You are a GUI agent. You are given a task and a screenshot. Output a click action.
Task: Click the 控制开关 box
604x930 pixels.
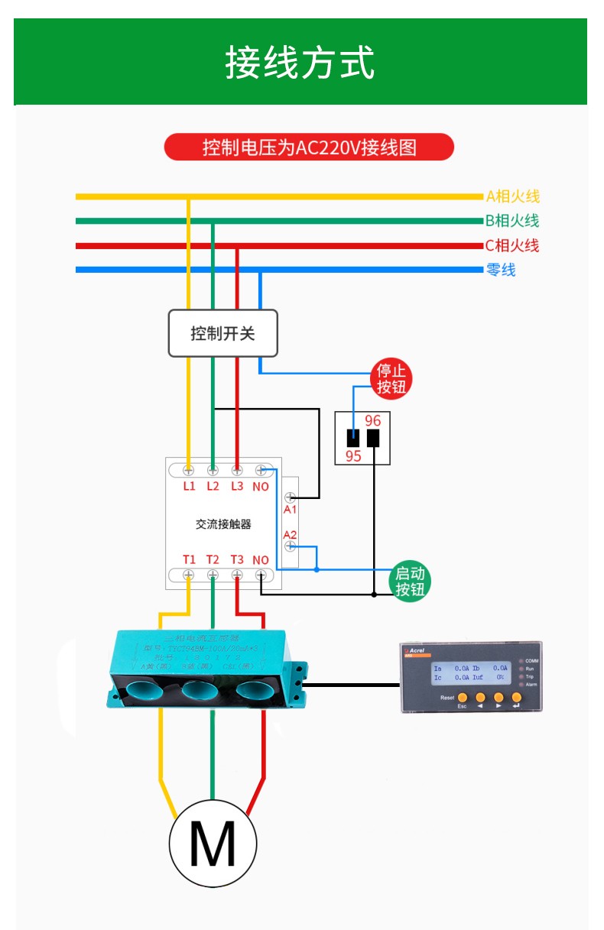pyautogui.click(x=222, y=333)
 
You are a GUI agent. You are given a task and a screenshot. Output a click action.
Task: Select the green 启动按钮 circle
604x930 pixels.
pyautogui.click(x=409, y=582)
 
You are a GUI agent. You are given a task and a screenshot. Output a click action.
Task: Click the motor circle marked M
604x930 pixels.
pyautogui.click(x=213, y=844)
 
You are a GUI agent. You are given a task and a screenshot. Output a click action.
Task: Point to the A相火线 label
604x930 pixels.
pyautogui.click(x=512, y=196)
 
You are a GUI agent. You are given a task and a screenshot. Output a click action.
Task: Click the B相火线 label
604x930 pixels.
pyautogui.click(x=511, y=221)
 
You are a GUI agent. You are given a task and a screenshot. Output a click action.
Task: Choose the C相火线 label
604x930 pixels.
pyautogui.click(x=511, y=245)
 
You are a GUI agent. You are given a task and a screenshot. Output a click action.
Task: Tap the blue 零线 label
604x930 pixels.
pyautogui.click(x=501, y=270)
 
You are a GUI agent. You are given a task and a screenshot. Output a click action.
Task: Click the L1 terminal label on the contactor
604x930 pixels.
pyautogui.click(x=190, y=486)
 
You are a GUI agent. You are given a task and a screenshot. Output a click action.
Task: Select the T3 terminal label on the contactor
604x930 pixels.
pyautogui.click(x=237, y=559)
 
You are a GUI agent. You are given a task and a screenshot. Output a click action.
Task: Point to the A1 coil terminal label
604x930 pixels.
pyautogui.click(x=290, y=509)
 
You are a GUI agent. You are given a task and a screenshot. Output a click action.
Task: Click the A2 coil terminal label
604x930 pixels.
pyautogui.click(x=290, y=534)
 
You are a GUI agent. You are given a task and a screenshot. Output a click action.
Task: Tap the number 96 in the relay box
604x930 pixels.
pyautogui.click(x=372, y=421)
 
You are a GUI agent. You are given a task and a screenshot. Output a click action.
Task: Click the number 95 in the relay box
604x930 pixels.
pyautogui.click(x=353, y=456)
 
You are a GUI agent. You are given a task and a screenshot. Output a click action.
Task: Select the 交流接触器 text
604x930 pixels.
pyautogui.click(x=223, y=524)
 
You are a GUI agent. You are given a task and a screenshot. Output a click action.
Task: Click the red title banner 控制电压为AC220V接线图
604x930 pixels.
pyautogui.click(x=309, y=147)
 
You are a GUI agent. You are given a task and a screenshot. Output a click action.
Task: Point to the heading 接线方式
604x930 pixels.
pyautogui.click(x=300, y=63)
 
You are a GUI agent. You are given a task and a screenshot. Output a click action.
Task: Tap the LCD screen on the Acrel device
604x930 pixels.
pyautogui.click(x=470, y=672)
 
